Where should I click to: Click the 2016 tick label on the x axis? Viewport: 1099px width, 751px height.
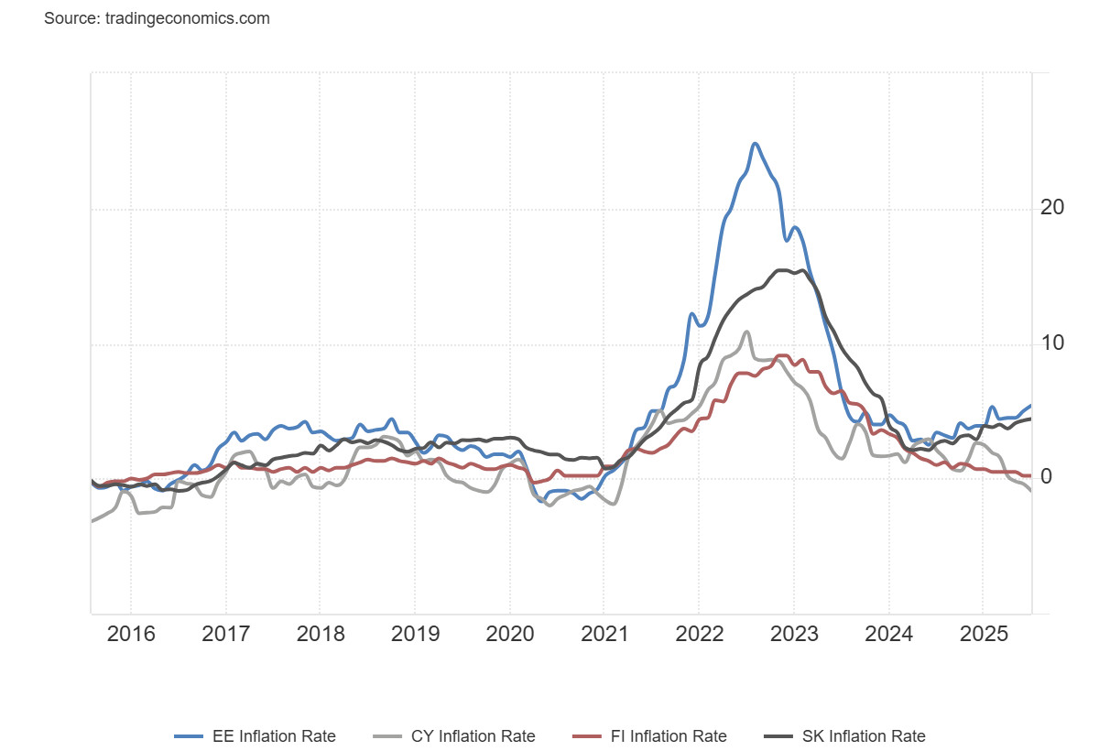point(132,635)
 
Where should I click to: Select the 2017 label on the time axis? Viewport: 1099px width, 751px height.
point(226,635)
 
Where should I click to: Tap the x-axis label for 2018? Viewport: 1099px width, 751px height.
point(321,635)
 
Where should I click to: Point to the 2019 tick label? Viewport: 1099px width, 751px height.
point(415,635)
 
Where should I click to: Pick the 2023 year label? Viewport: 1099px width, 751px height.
point(793,635)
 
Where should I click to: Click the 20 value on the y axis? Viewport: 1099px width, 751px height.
point(1052,208)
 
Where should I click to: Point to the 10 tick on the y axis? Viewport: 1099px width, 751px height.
point(1052,343)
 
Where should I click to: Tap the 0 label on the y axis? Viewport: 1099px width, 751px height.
point(1046,477)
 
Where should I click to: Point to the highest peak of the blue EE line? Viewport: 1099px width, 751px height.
point(755,144)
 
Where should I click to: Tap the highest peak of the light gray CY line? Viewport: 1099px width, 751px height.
point(747,332)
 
